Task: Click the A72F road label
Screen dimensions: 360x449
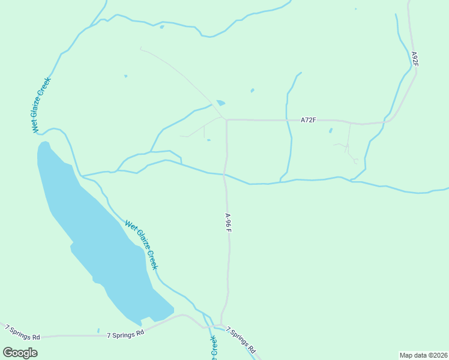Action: (x=308, y=121)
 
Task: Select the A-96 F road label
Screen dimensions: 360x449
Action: (x=228, y=222)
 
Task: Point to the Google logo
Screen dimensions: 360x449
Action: (x=20, y=353)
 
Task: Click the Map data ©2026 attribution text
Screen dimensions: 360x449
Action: (x=423, y=355)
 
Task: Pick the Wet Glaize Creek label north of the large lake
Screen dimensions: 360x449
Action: (x=41, y=105)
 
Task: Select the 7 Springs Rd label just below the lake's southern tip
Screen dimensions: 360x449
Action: (x=125, y=334)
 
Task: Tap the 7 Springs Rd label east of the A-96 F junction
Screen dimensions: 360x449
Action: (x=241, y=340)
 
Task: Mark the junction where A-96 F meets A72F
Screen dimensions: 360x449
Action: (x=226, y=120)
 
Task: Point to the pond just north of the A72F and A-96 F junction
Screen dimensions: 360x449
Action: (x=220, y=103)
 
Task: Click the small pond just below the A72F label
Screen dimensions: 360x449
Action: (x=330, y=130)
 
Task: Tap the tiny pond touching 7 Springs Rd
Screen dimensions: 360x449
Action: (x=98, y=330)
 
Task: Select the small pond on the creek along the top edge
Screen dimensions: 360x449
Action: (x=161, y=26)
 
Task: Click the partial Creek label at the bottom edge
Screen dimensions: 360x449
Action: (x=213, y=348)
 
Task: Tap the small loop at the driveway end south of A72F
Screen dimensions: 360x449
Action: (x=356, y=161)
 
